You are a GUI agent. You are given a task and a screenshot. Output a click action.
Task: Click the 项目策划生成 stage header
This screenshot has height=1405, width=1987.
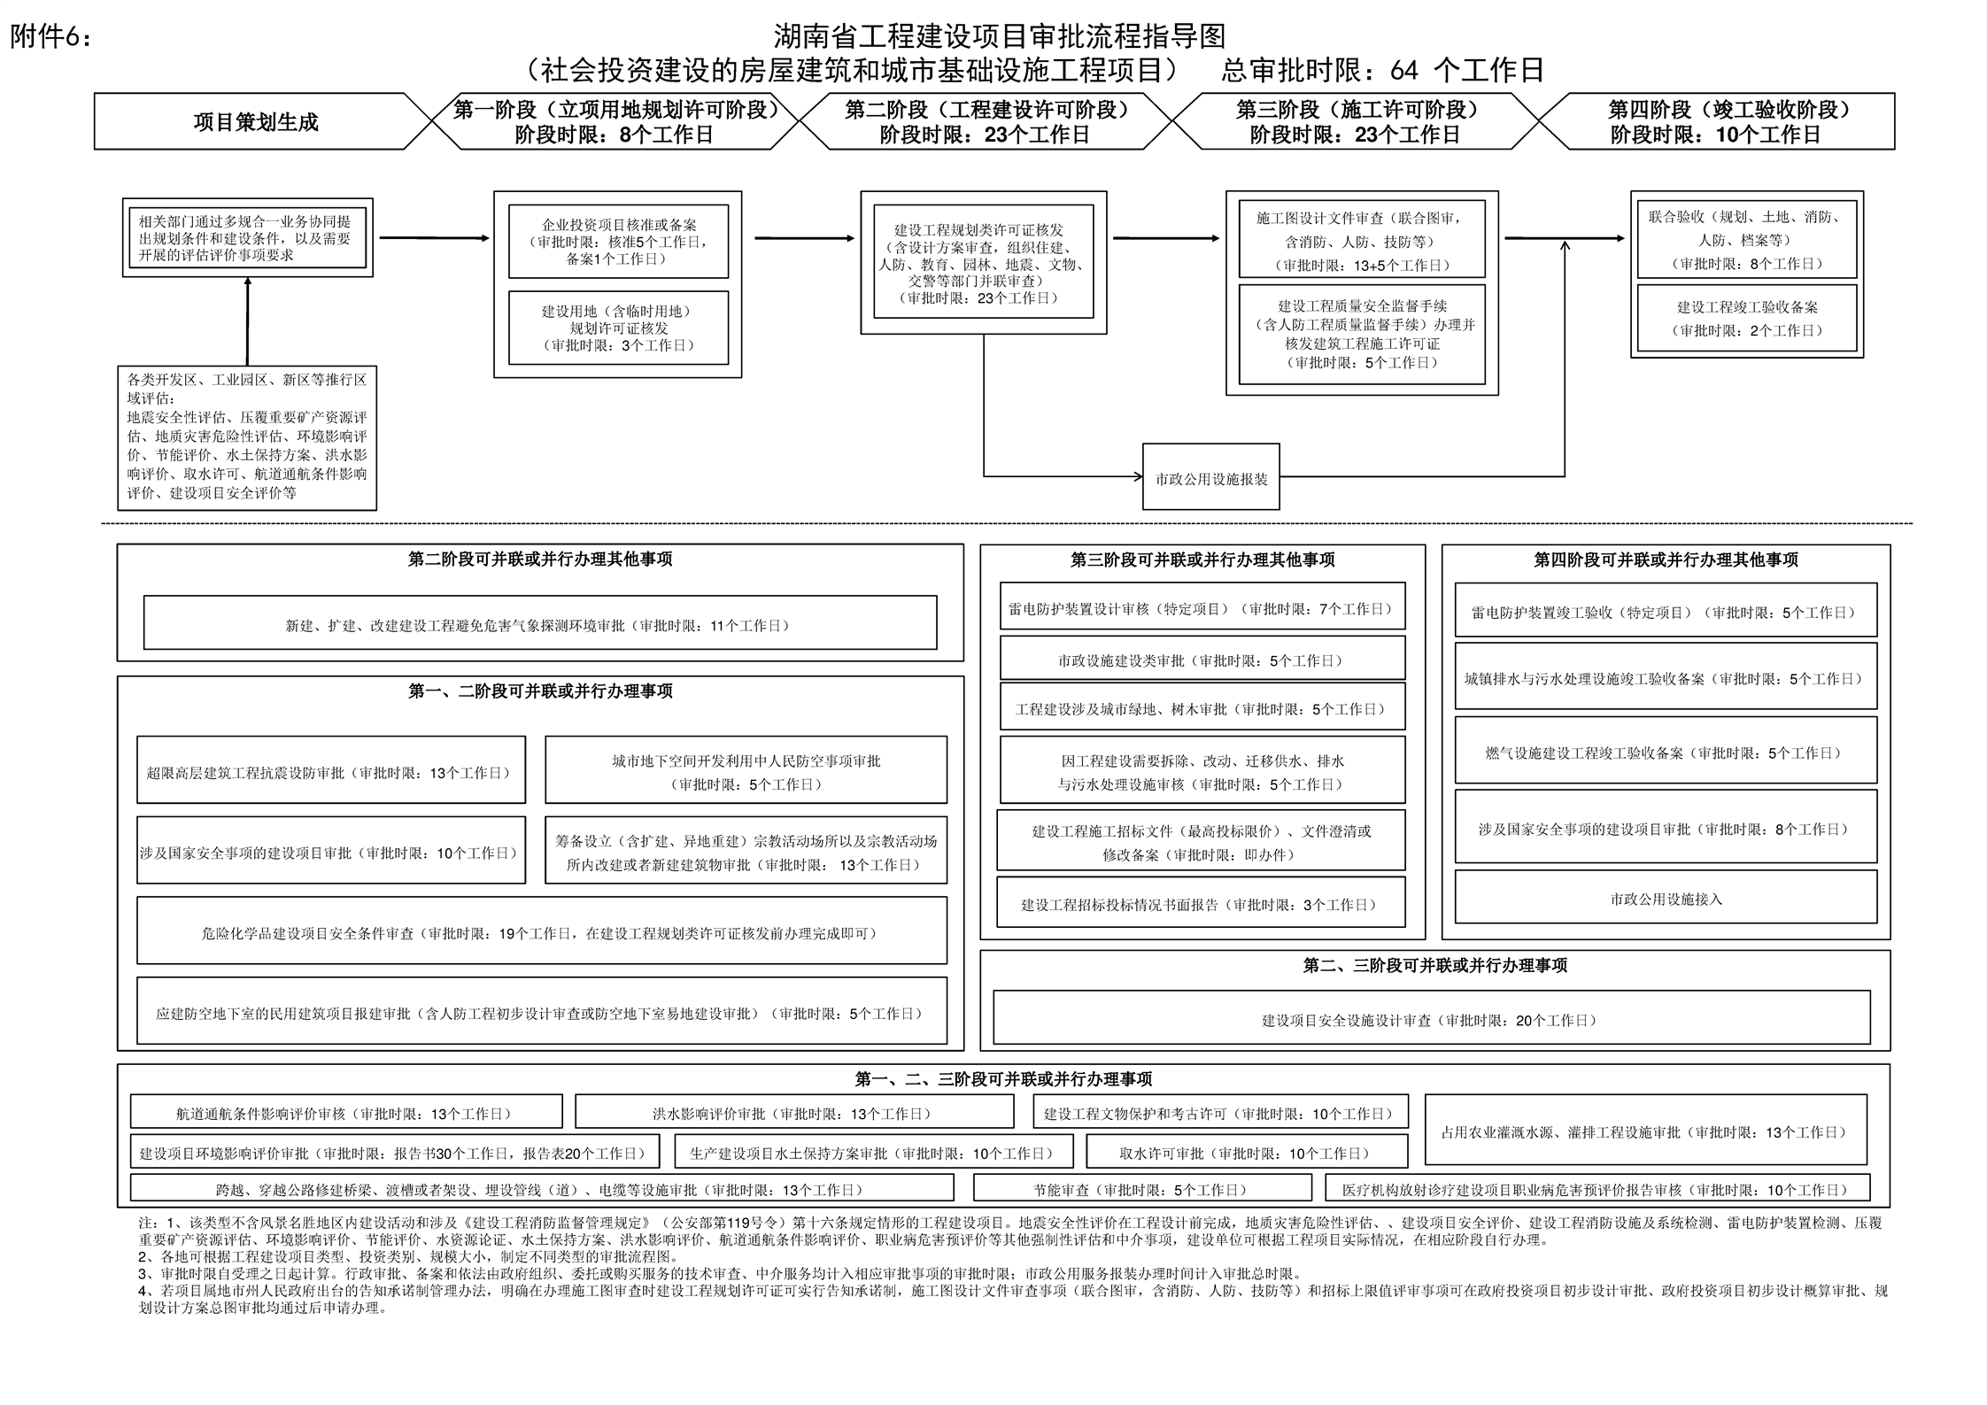pyautogui.click(x=255, y=122)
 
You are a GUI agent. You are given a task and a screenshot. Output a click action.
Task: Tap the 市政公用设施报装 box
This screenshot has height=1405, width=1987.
pyautogui.click(x=1210, y=478)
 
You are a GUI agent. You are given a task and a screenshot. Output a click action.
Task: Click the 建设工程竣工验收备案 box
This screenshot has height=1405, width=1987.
pyautogui.click(x=1746, y=319)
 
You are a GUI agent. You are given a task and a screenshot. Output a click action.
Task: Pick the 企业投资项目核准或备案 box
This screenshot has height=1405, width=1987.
pyautogui.click(x=618, y=242)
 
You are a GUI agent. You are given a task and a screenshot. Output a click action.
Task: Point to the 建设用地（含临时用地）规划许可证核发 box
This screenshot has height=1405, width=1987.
pyautogui.click(x=618, y=328)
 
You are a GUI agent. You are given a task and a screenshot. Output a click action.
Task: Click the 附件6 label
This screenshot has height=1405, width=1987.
pyautogui.click(x=50, y=37)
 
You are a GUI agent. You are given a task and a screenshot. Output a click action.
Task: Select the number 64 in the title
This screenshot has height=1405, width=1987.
pyautogui.click(x=1404, y=70)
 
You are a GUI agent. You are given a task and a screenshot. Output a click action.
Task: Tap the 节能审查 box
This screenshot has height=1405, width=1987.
pyautogui.click(x=1141, y=1189)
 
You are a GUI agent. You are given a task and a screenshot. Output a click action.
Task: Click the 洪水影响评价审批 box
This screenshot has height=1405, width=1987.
pyautogui.click(x=793, y=1113)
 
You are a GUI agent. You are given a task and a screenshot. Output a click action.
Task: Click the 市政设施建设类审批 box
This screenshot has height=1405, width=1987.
pyautogui.click(x=1202, y=660)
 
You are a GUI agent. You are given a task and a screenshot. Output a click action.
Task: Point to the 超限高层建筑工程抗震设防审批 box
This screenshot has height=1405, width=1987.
pyautogui.click(x=330, y=772)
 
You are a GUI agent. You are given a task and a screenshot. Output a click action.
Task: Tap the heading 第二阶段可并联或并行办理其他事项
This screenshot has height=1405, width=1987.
pyautogui.click(x=539, y=559)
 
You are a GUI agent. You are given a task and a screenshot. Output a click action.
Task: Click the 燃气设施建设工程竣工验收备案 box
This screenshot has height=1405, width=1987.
pyautogui.click(x=1666, y=753)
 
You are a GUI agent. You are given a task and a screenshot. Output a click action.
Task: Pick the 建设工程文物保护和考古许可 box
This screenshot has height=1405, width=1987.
pyautogui.click(x=1218, y=1113)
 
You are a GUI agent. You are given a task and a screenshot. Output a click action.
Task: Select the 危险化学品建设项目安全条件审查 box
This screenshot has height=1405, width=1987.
pyautogui.click(x=541, y=932)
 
